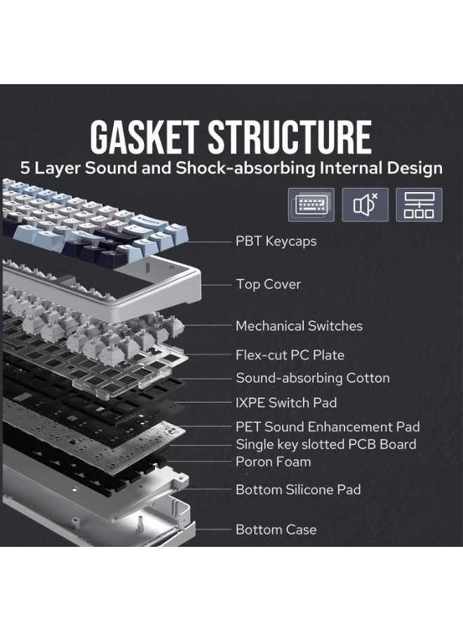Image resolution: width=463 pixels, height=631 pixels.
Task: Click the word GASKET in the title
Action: [x=144, y=137]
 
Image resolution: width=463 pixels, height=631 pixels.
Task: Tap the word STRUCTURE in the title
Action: [x=290, y=137]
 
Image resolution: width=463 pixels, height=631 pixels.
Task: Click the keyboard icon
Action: [x=311, y=205]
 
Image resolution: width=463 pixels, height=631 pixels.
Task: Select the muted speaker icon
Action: [x=365, y=205]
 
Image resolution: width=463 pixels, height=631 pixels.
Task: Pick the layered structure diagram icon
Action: [x=419, y=205]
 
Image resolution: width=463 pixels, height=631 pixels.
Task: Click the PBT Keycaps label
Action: [x=276, y=241]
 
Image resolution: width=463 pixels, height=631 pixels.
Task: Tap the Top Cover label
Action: [x=269, y=284]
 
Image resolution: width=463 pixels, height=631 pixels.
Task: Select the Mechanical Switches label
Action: [x=299, y=326]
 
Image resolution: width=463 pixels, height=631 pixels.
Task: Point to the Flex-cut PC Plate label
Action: [x=290, y=355]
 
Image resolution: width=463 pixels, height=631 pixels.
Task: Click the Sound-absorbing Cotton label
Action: [x=313, y=378]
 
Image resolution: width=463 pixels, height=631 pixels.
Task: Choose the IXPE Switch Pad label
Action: [x=286, y=402]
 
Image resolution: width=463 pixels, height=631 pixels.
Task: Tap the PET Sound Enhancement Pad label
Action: [x=328, y=426]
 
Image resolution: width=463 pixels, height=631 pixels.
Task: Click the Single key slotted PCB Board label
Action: [x=326, y=445]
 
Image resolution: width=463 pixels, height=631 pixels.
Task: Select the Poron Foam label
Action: [x=274, y=461]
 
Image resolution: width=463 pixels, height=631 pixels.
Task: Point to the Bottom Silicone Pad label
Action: [x=298, y=490]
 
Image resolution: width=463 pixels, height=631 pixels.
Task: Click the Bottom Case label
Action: [x=276, y=529]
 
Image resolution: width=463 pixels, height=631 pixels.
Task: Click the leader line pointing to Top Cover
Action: [x=216, y=285]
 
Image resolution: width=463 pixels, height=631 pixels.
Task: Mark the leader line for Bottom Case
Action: [x=213, y=529]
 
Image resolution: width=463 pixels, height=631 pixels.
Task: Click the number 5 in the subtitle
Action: [x=25, y=168]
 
